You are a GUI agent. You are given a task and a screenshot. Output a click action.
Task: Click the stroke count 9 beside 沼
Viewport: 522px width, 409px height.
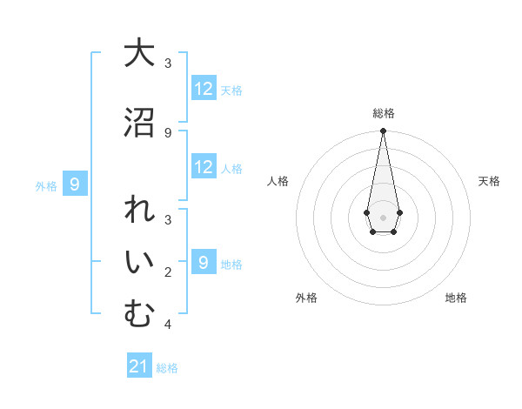(x=168, y=133)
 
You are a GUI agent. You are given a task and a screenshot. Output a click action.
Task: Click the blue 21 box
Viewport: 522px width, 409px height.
(x=139, y=366)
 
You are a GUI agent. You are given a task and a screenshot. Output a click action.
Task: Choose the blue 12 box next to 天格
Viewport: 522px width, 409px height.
(x=204, y=89)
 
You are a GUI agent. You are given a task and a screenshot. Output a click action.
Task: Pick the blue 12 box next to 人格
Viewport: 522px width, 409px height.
(x=204, y=167)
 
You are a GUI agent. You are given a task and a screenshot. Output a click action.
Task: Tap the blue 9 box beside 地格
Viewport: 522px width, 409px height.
(x=204, y=263)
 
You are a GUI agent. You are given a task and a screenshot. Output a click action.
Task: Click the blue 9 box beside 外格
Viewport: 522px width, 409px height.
(x=76, y=184)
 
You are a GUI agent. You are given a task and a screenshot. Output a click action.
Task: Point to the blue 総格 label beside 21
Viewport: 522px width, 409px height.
(x=167, y=368)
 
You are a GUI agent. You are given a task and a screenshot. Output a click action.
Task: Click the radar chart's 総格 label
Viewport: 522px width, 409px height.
(x=384, y=113)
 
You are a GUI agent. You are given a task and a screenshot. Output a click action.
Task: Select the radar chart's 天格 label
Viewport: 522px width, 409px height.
(x=490, y=181)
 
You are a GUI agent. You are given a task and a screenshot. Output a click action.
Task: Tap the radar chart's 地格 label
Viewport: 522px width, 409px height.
(x=456, y=298)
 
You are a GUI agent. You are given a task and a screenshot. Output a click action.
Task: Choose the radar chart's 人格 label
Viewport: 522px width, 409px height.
(x=278, y=181)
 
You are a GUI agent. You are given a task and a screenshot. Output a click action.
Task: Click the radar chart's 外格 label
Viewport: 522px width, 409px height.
(x=306, y=298)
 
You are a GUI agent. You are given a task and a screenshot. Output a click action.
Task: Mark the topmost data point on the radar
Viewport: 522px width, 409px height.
(x=383, y=131)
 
